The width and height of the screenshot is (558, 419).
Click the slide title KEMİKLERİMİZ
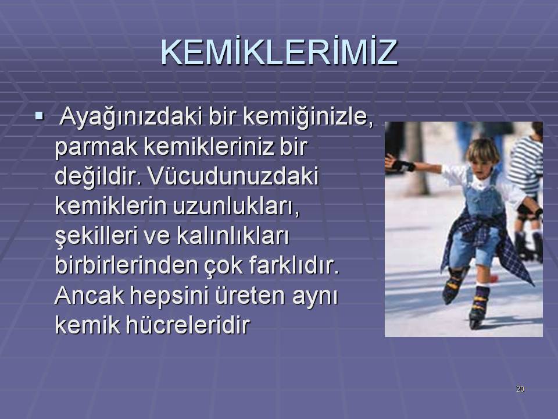[x=279, y=52]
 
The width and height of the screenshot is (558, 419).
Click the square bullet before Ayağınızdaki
[x=39, y=115]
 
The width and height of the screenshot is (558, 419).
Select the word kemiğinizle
[x=309, y=118]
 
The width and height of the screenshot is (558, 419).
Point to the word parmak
[x=96, y=147]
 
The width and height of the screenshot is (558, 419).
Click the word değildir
[x=98, y=176]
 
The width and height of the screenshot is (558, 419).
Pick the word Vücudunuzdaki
[x=233, y=176]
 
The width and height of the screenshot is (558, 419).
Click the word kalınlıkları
[x=233, y=236]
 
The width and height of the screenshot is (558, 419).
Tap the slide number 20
[x=520, y=389]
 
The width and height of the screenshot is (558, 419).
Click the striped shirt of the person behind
[x=527, y=164]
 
